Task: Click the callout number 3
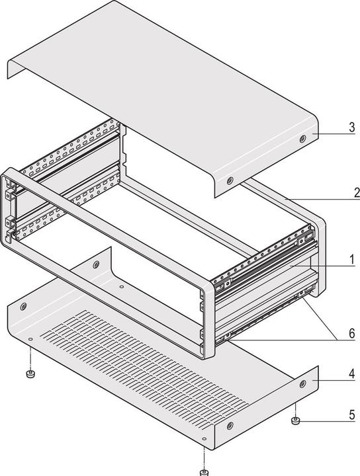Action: point(352,128)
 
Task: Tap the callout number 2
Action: point(355,193)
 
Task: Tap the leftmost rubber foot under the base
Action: point(29,375)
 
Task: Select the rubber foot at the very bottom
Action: point(204,472)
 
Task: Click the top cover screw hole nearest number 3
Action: point(302,139)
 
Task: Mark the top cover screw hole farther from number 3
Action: point(230,180)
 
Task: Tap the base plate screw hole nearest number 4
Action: point(303,383)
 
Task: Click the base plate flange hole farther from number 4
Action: point(229,426)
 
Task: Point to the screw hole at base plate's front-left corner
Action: point(24,307)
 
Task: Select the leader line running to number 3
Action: point(331,132)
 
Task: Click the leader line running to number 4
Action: point(332,382)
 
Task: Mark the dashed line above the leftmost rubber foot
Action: point(30,357)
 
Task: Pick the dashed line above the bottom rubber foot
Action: point(205,456)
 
